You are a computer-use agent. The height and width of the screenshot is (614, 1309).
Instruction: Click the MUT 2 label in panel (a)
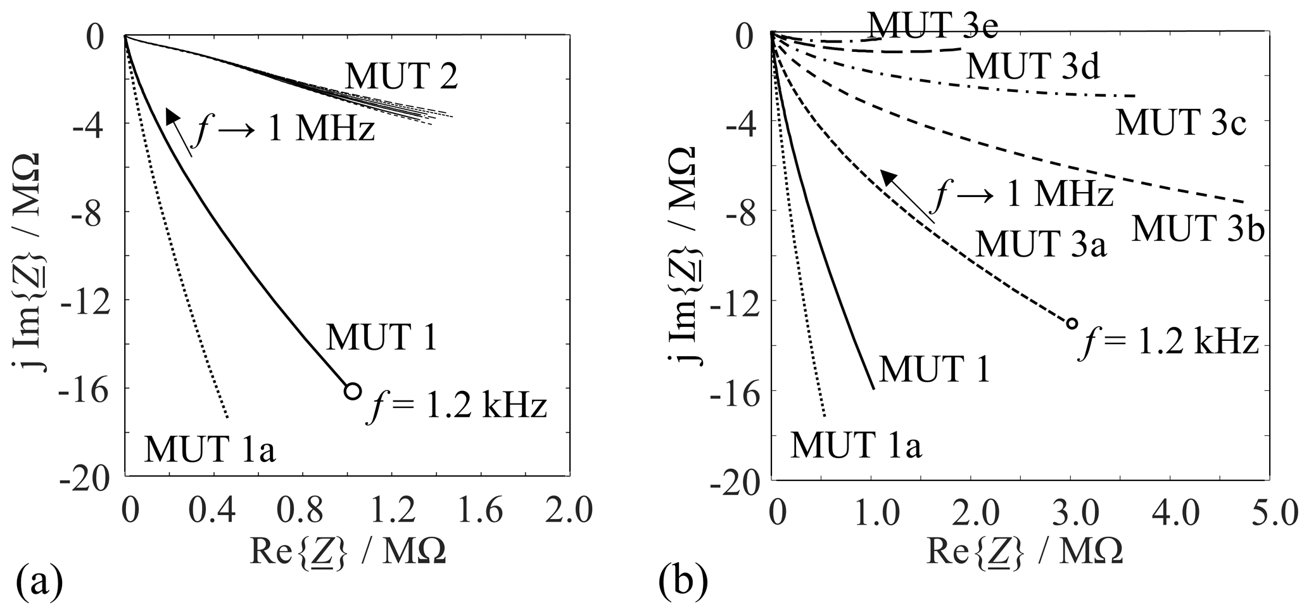pos(401,78)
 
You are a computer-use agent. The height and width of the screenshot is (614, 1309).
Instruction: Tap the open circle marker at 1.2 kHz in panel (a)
pos(353,390)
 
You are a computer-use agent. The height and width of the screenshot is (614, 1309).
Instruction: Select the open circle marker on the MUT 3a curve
pos(1072,323)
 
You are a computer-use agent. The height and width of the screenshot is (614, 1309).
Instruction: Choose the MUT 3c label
pos(1180,122)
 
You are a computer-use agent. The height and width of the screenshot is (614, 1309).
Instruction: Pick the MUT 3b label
pos(1198,229)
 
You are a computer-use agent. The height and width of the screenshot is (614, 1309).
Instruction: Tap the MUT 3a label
pos(1040,244)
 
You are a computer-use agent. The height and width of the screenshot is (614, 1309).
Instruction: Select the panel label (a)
pos(39,582)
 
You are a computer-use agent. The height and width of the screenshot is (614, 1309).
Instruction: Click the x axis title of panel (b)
pos(1024,552)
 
